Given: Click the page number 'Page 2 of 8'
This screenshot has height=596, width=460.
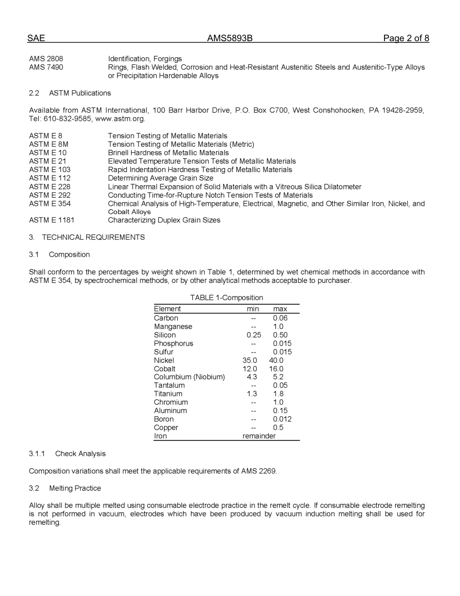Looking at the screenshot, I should point(406,38).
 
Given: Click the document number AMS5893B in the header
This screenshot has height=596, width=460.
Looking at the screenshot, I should point(230,38).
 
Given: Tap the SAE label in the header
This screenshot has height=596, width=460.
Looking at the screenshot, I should point(36,38).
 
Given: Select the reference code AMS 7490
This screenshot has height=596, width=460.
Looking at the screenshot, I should point(46,67).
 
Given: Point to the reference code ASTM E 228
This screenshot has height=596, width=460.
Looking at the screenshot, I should point(49,187).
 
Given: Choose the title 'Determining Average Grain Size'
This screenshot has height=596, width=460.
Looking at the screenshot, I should point(160,178).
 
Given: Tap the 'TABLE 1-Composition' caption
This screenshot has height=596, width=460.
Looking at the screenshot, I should point(226,298).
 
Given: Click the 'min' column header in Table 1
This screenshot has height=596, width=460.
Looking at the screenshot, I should point(253,309).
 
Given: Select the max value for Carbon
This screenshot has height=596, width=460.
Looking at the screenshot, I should point(280,318).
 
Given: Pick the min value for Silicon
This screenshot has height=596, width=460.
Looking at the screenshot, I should point(254,335).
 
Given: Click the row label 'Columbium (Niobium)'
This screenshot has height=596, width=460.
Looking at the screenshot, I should point(189,377).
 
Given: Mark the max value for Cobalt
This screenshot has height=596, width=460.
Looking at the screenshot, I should point(276,369).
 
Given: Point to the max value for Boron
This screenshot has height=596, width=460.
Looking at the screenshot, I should point(282,419).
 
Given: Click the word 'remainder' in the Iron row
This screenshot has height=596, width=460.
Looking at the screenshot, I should point(259,436).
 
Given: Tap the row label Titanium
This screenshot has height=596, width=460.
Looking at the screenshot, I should point(168,394).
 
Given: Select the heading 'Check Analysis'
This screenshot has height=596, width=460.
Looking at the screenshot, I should point(80,454).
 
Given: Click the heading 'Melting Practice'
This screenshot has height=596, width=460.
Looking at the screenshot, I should point(75,488).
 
